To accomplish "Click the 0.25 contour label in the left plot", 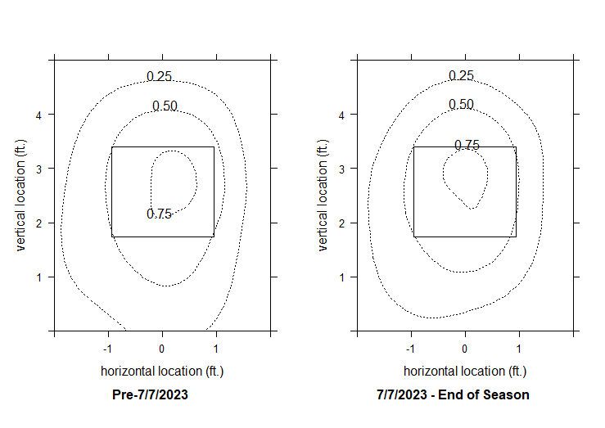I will [x=159, y=77].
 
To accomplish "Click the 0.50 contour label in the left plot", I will [x=165, y=106].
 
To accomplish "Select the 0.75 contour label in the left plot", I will [x=159, y=214].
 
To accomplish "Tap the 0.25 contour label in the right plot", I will [x=461, y=76].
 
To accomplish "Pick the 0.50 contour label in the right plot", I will [x=461, y=105].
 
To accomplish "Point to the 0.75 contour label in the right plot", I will [x=467, y=146].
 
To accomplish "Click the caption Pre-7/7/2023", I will [x=150, y=394].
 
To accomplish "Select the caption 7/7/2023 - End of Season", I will [x=453, y=394].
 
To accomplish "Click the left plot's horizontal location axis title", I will [x=162, y=372].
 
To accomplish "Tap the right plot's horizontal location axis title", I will [x=465, y=372].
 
